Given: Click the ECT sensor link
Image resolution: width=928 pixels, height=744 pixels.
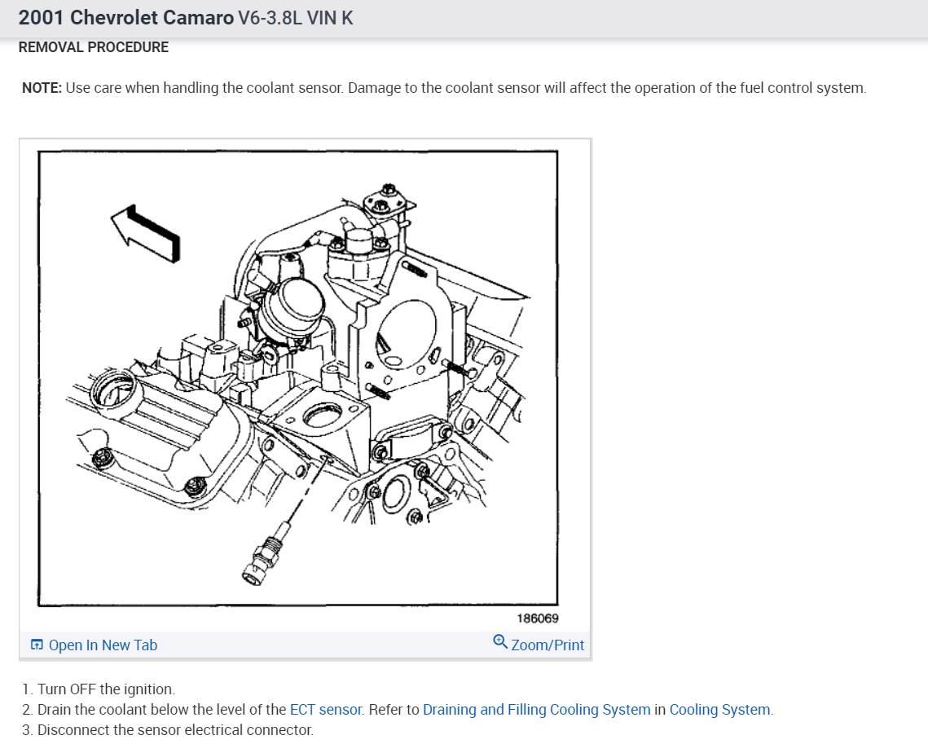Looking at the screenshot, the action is [325, 709].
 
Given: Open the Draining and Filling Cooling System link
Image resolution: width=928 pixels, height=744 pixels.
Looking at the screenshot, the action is [536, 709].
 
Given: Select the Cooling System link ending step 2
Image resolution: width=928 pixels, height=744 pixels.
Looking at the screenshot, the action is [719, 709].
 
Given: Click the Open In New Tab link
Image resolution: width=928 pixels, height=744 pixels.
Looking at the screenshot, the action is [103, 645].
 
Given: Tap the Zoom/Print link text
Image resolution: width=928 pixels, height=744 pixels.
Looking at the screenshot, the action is [548, 645].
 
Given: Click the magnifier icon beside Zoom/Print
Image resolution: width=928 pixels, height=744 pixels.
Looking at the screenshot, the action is [500, 642].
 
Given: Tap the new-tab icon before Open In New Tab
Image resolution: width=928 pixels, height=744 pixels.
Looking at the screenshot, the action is [37, 645].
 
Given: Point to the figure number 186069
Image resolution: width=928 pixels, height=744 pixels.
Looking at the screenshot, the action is [538, 619].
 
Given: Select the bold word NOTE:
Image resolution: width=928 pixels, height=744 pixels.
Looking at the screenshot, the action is [42, 87].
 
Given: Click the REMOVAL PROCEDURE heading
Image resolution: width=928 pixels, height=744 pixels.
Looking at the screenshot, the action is [93, 47].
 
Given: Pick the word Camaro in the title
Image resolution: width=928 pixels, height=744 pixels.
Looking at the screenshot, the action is [199, 18].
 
